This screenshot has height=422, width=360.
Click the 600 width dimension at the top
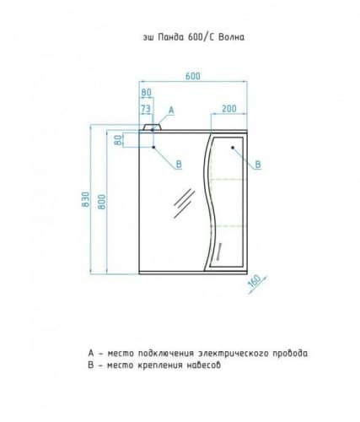pos(193,76)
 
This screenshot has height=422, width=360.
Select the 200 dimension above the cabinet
pos(229,108)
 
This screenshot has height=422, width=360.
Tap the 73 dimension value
pos(146,109)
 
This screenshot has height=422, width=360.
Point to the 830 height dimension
pos(85,199)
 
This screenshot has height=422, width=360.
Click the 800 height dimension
pos(102,202)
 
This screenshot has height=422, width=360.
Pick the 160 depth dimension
pos(255,281)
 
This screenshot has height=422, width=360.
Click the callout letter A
pos(171,111)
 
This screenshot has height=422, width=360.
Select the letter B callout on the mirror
pos(179,164)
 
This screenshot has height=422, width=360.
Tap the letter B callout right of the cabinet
pos(258,165)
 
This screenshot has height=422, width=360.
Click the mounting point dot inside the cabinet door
pos(233,148)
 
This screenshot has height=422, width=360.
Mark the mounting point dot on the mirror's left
pos(153,147)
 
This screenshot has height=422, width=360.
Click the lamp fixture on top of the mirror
pos(153,127)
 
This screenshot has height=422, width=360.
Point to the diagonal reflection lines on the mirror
pos(184,203)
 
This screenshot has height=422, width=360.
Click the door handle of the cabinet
pos(218,249)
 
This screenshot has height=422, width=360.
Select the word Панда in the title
pos(170,37)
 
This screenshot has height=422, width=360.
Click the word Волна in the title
pos(231,37)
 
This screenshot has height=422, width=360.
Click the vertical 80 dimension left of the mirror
pos(119,140)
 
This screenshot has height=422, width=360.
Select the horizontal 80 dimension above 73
pos(146,92)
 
